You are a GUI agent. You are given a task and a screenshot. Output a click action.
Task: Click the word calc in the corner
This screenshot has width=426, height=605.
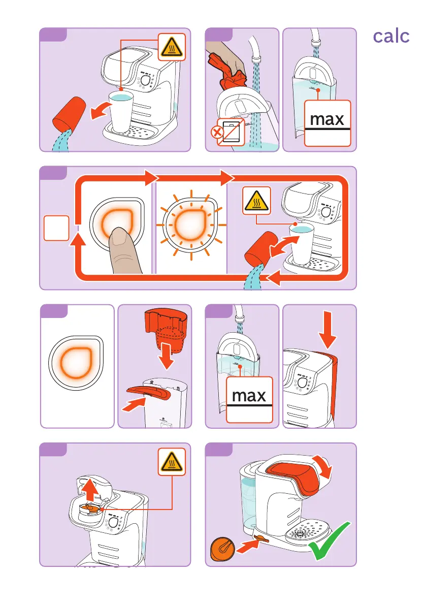(x=391, y=37)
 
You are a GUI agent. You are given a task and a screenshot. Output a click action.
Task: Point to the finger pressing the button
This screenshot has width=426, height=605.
(x=124, y=251)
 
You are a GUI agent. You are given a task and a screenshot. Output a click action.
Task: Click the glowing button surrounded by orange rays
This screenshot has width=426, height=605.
(x=191, y=225)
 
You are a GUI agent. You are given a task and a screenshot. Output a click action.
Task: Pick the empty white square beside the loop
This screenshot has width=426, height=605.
(x=56, y=228)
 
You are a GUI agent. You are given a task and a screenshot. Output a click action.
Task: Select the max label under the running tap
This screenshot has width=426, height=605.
(x=327, y=123)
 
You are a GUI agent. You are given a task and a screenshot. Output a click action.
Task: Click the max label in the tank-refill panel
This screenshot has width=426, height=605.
(x=249, y=399)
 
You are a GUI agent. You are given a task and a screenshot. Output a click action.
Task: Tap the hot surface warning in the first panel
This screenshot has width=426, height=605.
(x=172, y=47)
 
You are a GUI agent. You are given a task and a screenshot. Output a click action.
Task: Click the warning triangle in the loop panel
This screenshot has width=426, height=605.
(x=256, y=201)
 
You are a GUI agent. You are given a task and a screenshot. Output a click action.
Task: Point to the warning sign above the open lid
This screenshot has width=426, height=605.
(x=172, y=462)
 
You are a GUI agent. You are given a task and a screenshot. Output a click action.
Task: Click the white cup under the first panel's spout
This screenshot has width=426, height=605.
(x=121, y=112)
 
